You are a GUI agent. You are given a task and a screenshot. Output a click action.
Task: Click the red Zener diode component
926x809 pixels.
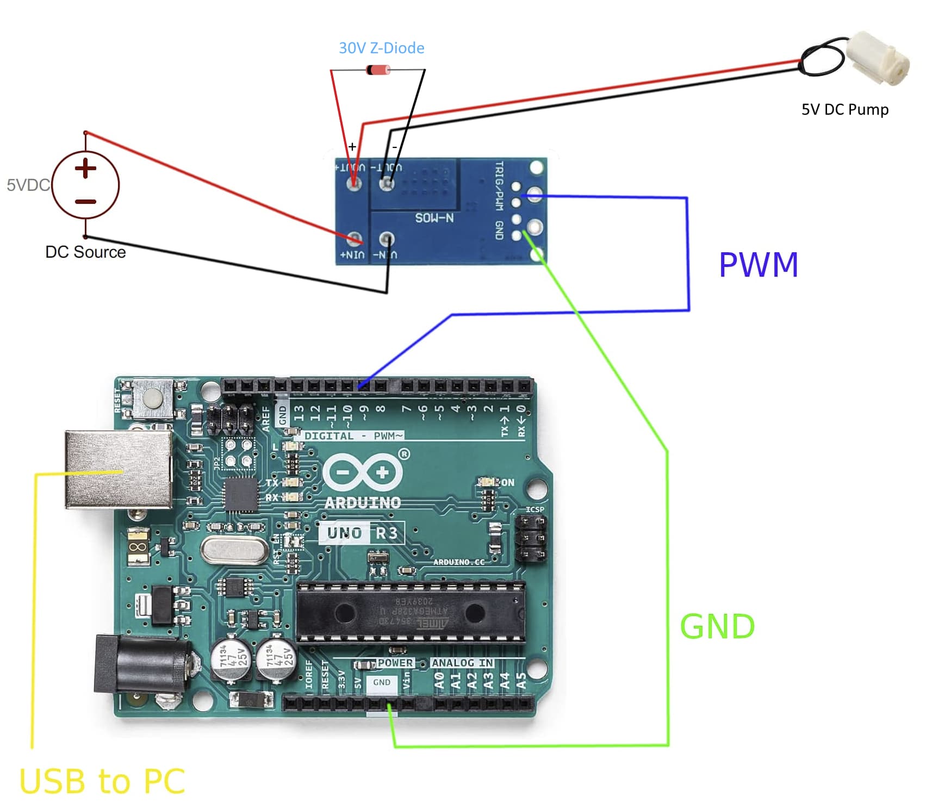378,70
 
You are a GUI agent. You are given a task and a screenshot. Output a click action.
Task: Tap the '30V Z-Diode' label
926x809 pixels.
381,48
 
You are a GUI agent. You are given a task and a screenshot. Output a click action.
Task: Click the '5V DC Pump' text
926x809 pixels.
844,109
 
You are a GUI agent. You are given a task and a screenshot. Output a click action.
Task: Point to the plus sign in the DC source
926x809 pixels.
85,168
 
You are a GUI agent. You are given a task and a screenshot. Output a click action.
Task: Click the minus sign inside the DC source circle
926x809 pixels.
85,201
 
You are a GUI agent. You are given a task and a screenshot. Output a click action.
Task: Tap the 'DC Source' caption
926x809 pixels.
85,252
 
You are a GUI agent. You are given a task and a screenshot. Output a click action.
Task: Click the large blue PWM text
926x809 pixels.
758,265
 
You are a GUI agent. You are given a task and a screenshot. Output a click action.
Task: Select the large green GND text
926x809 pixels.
717,626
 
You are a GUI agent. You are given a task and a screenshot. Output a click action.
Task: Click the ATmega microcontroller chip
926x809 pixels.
411,613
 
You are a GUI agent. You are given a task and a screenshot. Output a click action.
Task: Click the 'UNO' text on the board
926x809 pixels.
344,533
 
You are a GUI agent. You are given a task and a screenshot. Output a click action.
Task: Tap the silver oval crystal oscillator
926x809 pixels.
234,551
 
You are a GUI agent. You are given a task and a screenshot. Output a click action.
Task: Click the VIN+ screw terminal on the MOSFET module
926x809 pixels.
355,239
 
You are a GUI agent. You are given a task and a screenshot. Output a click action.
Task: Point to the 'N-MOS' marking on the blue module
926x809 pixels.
434,218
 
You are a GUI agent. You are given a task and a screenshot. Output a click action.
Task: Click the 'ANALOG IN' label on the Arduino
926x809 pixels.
462,663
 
